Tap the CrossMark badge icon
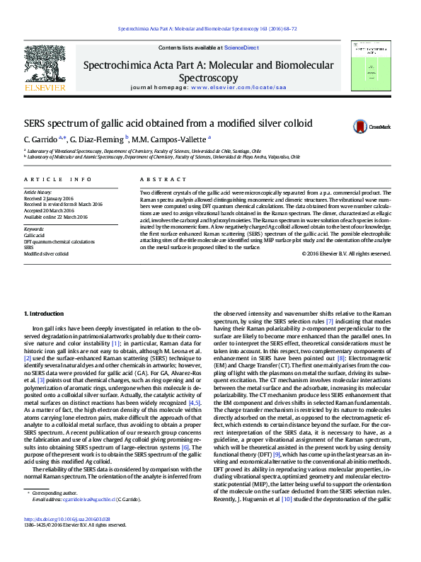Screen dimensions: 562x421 pos(361,127)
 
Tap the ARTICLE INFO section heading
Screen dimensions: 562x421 pos(58,180)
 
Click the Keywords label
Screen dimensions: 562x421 pos(34,229)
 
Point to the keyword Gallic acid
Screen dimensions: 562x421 pos(35,236)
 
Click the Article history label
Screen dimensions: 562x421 pos(39,192)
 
